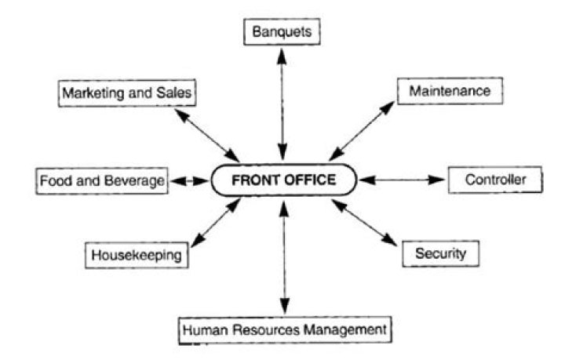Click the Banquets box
point(282,31)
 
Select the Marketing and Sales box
point(127,93)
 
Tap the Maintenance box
point(450,91)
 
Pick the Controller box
point(495,180)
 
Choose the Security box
point(441,253)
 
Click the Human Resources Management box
point(285,330)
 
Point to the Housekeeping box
point(137,255)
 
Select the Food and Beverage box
point(102,180)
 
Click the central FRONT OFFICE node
point(284,180)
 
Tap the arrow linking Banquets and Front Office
point(282,104)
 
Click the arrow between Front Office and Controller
point(402,180)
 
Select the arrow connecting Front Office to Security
point(364,223)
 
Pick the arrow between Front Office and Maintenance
point(362,131)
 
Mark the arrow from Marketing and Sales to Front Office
point(207,136)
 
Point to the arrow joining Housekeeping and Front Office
point(216,223)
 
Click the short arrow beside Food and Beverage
point(190,180)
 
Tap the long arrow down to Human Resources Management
point(285,258)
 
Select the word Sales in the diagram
point(173,93)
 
